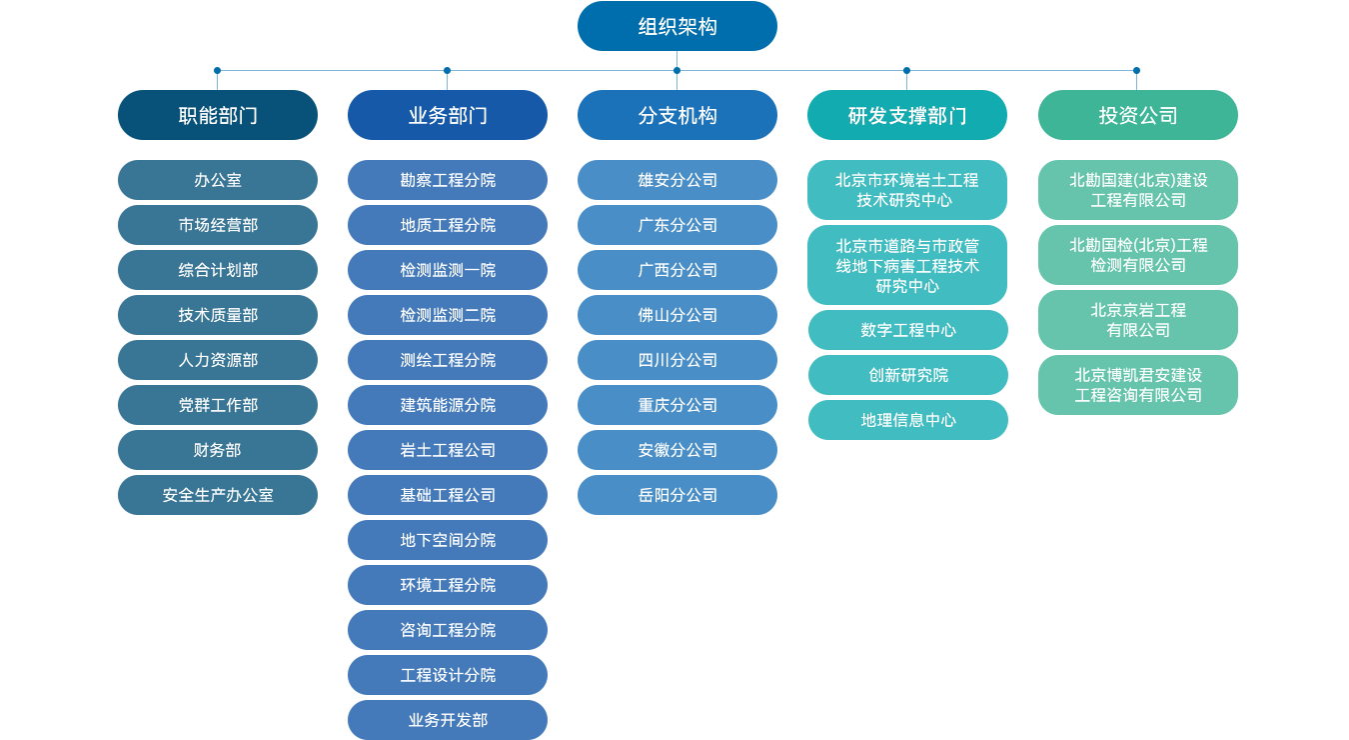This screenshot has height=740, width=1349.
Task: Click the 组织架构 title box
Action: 677,26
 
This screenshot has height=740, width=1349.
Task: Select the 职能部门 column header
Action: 219,115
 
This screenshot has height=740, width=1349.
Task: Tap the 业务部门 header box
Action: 448,115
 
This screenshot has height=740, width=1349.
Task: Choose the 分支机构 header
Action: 677,115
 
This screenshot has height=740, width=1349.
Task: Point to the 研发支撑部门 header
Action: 907,115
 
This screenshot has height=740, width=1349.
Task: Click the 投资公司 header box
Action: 1137,115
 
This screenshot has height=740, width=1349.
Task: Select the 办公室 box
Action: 219,180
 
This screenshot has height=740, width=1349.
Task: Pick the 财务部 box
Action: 219,450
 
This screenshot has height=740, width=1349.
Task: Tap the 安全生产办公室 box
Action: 219,495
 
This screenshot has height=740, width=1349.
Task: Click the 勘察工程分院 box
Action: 448,180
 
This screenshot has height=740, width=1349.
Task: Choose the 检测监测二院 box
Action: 448,315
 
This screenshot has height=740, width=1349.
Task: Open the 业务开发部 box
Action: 448,719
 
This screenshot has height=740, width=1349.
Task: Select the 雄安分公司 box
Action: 677,180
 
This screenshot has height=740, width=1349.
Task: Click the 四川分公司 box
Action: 677,360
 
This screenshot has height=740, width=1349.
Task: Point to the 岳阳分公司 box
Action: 677,495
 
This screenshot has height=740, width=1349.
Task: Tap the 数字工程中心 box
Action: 908,330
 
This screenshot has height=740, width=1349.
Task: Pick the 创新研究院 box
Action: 908,375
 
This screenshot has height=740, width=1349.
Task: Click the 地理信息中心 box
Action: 908,420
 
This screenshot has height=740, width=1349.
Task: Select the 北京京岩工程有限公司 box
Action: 1137,320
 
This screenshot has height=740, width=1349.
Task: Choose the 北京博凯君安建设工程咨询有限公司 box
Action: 1137,385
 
